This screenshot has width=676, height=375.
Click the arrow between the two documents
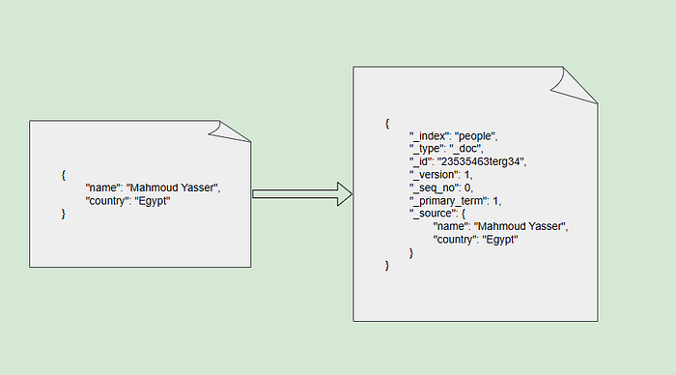[302, 193]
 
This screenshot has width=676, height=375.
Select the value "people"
[475, 136]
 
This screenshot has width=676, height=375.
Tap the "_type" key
[427, 149]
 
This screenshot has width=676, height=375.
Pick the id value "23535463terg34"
[481, 161]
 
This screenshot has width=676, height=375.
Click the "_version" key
[434, 175]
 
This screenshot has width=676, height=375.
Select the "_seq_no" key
[434, 187]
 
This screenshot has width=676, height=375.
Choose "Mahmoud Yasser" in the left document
[172, 187]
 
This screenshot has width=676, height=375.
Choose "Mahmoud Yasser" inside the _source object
[520, 226]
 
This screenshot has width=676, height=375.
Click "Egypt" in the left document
[153, 201]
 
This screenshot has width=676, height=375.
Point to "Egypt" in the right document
[500, 240]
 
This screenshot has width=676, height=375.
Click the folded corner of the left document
[229, 131]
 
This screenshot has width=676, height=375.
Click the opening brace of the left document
[64, 175]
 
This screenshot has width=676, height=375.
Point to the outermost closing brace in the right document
[387, 266]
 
